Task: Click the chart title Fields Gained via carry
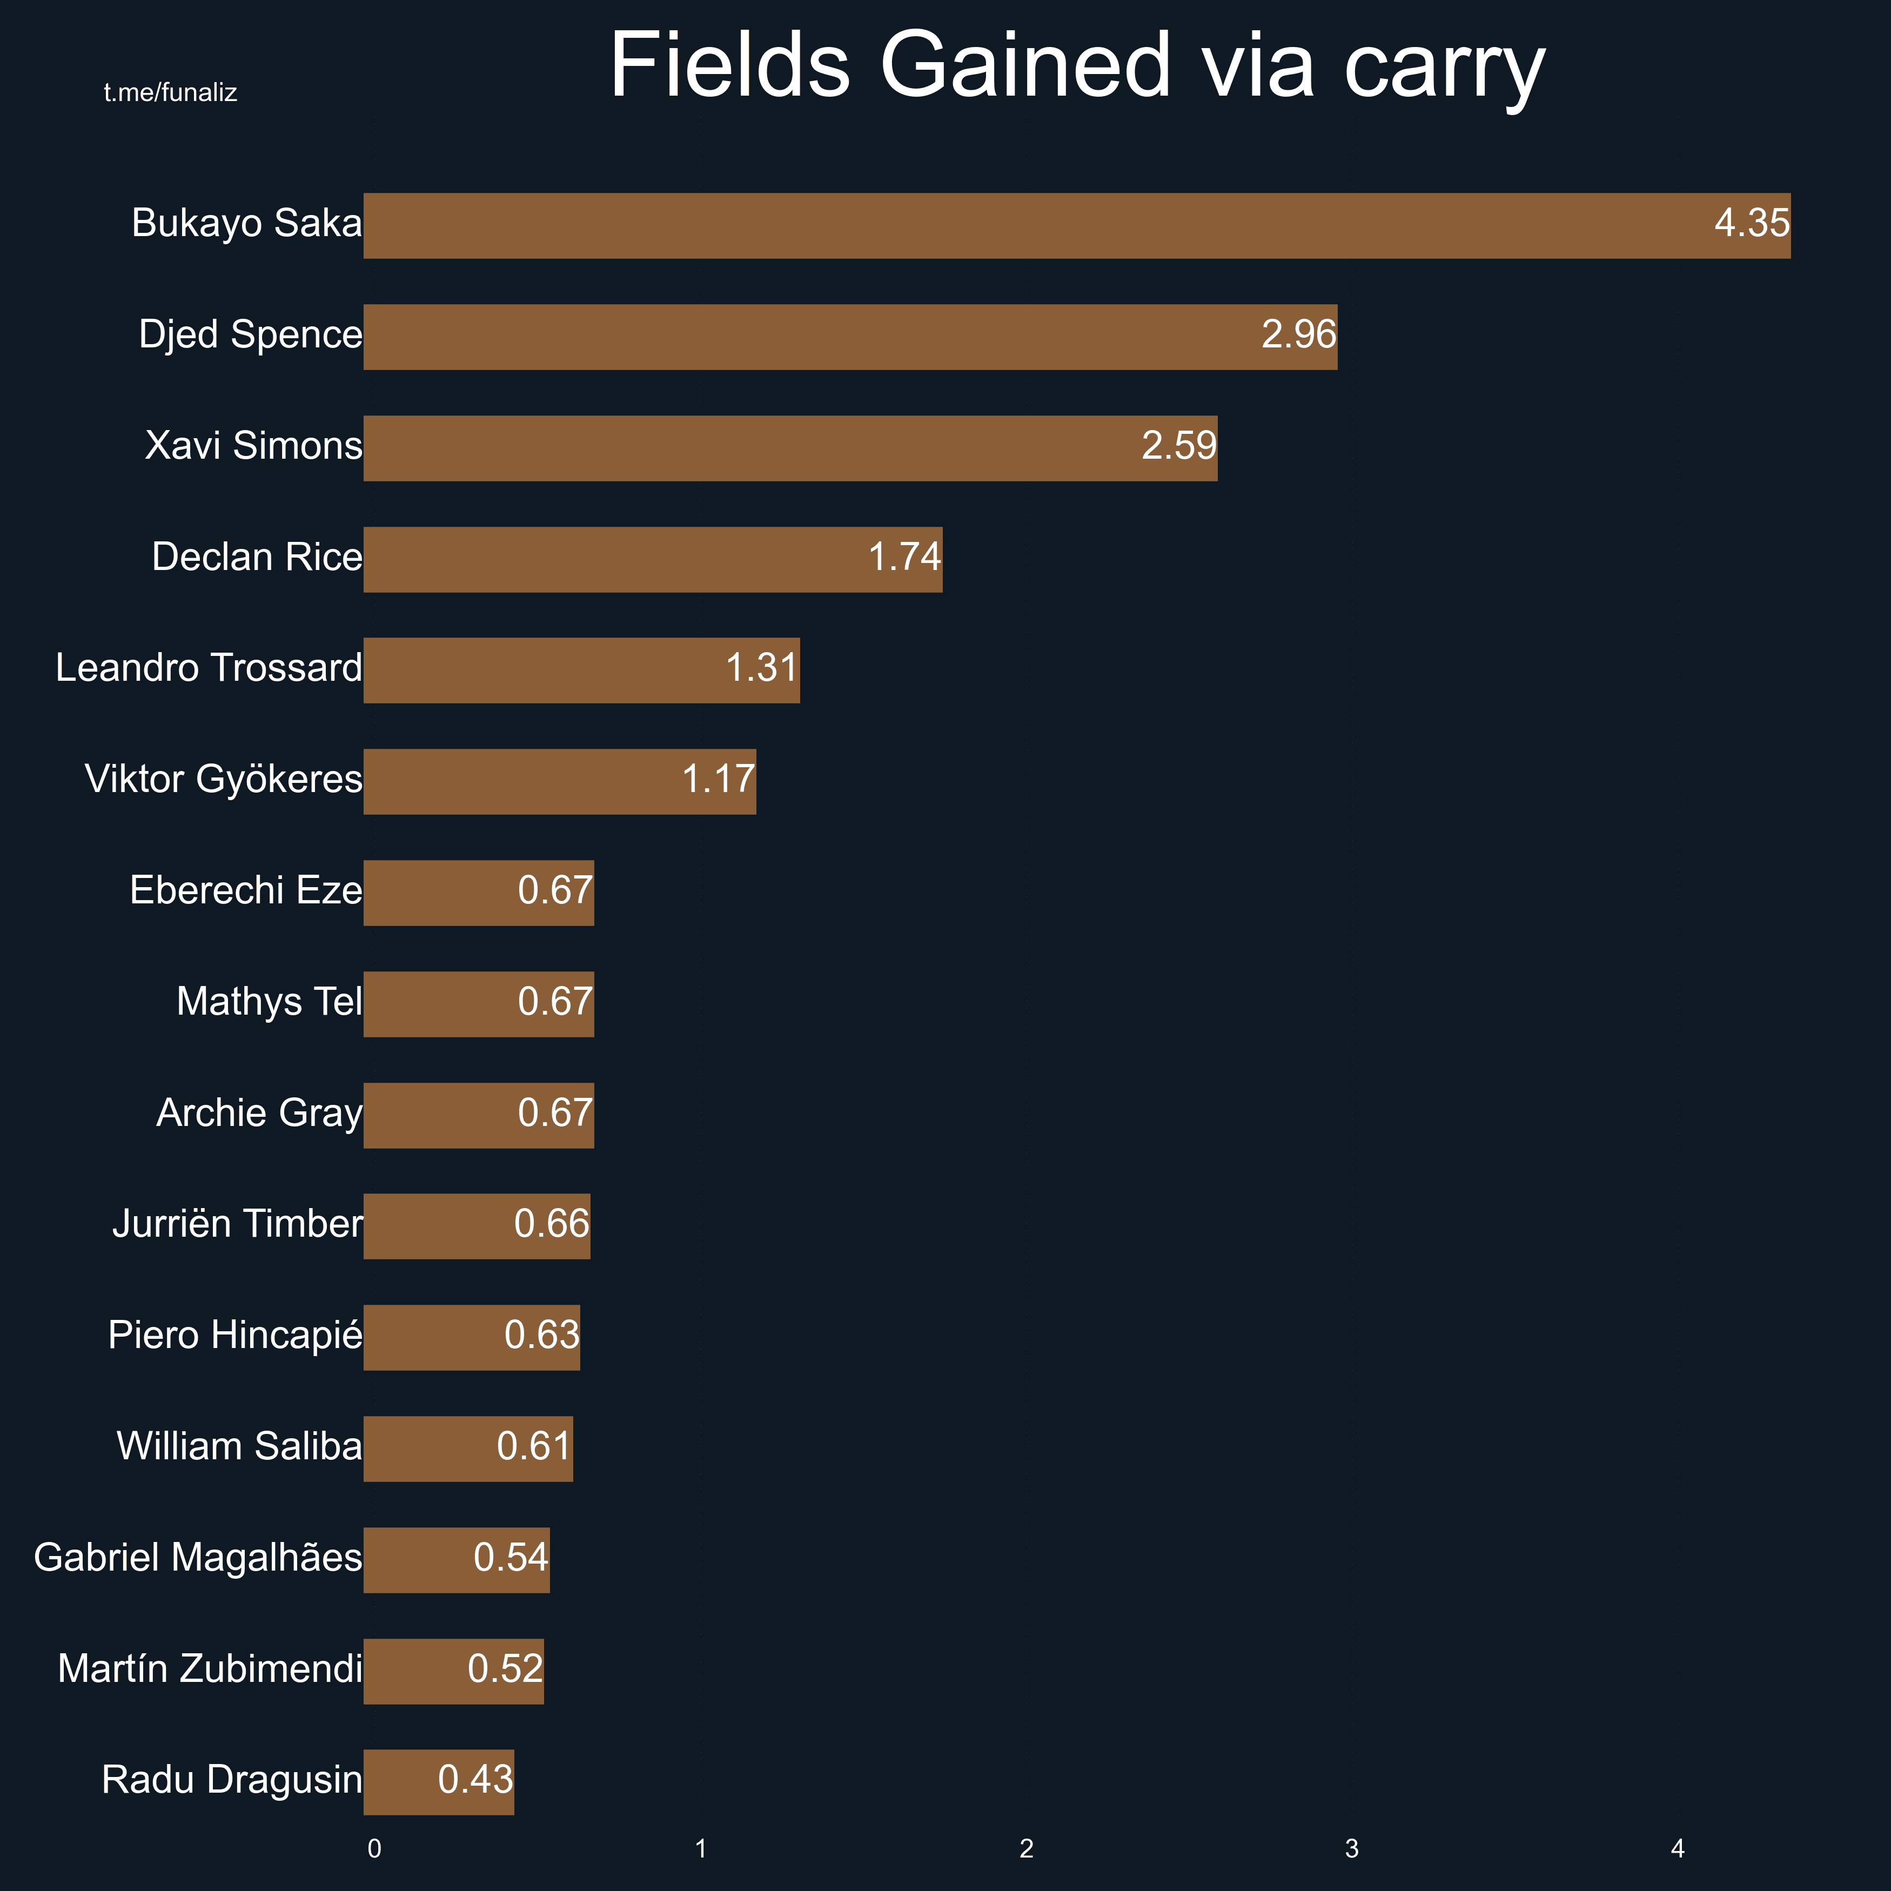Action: pyautogui.click(x=1077, y=66)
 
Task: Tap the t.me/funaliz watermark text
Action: pyautogui.click(x=170, y=93)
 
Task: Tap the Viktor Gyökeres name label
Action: pyautogui.click(x=223, y=779)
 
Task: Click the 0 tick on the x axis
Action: pyautogui.click(x=374, y=1849)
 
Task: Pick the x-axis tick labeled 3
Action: pyautogui.click(x=1352, y=1849)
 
